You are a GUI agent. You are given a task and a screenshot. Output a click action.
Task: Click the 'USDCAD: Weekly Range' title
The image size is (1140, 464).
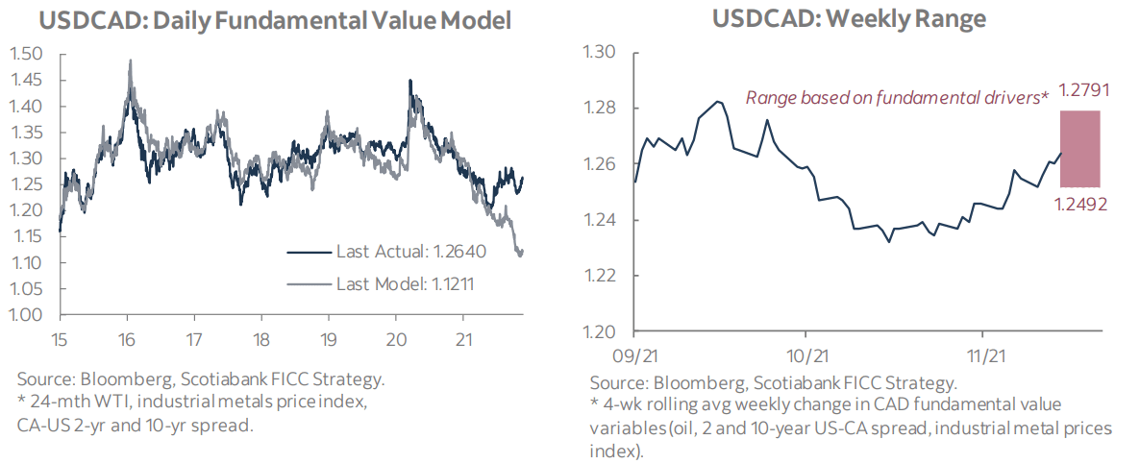point(823,19)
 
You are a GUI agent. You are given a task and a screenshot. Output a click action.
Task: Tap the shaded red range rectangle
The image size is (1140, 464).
point(1079,149)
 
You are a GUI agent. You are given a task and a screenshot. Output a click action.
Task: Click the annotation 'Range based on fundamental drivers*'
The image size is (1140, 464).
point(897,98)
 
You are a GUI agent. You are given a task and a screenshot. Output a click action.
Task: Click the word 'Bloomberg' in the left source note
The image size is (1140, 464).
point(112,379)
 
